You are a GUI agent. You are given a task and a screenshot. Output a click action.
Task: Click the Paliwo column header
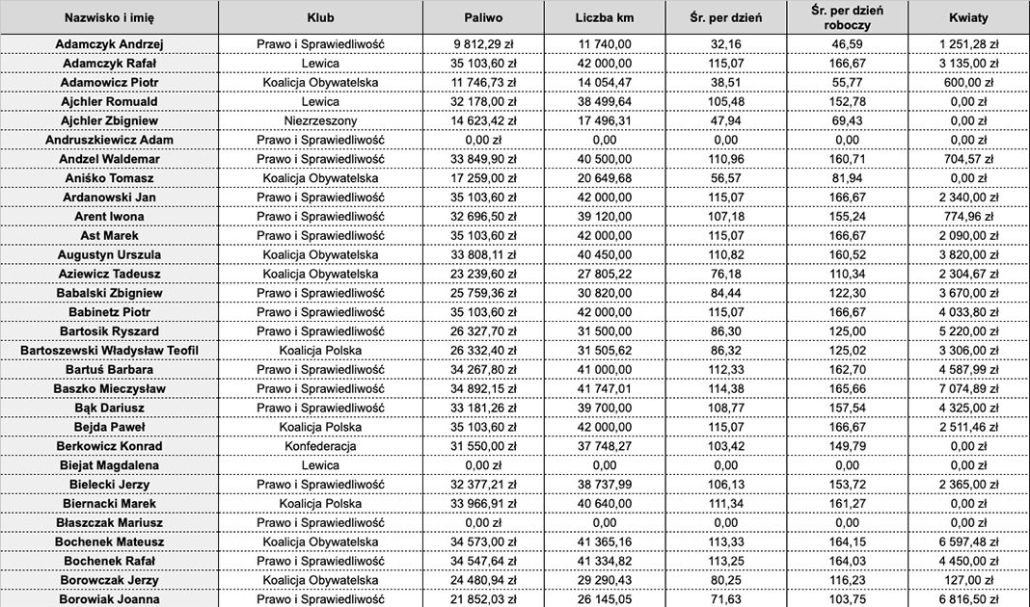coord(484,17)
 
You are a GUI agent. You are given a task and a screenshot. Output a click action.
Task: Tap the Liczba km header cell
coord(605,17)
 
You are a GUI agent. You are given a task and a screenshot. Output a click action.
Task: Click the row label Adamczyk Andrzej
coord(109,44)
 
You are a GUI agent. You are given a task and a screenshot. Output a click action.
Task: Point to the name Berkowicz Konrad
coord(109,446)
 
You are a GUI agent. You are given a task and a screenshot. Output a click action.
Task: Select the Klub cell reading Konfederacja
coord(320,446)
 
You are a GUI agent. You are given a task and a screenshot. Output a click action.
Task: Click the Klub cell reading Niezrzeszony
coord(320,121)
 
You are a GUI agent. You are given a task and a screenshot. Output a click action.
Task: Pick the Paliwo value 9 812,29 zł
coord(484,44)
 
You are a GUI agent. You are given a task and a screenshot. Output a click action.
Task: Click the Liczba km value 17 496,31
coord(605,121)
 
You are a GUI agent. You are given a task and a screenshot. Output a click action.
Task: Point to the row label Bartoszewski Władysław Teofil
coord(109,351)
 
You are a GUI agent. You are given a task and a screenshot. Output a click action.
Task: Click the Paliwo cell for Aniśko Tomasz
coord(484,178)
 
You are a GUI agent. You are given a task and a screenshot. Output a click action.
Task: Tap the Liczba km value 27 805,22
coord(605,274)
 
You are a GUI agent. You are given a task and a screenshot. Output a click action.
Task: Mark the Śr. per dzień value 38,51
coord(724,83)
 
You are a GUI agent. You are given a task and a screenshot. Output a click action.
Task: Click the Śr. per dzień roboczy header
coord(848,17)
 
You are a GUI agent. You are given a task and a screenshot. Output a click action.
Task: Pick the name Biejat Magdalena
coord(109,465)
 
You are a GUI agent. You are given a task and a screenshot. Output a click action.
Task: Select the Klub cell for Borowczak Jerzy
coord(320,580)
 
